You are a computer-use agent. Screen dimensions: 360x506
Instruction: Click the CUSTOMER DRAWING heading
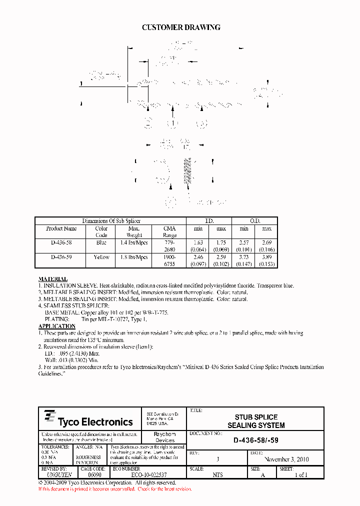pos(181,28)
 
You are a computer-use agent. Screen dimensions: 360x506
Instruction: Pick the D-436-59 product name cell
pos(61,257)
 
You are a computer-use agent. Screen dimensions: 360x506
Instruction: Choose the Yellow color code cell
pos(101,257)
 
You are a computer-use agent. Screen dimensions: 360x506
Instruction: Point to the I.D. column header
pos(209,221)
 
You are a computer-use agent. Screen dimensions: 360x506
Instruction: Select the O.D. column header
pos(255,221)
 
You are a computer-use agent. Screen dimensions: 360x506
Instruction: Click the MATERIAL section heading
pos(53,279)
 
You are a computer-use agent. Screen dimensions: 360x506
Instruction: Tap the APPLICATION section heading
pos(57,326)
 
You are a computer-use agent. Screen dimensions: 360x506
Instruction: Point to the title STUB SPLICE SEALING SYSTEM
pos(256,421)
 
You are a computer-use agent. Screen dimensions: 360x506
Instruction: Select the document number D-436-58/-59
pos(256,441)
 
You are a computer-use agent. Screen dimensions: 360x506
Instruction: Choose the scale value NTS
pos(218,475)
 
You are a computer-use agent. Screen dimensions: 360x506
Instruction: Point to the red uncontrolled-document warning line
pos(114,488)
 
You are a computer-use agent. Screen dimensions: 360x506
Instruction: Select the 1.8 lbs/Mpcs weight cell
pos(134,257)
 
